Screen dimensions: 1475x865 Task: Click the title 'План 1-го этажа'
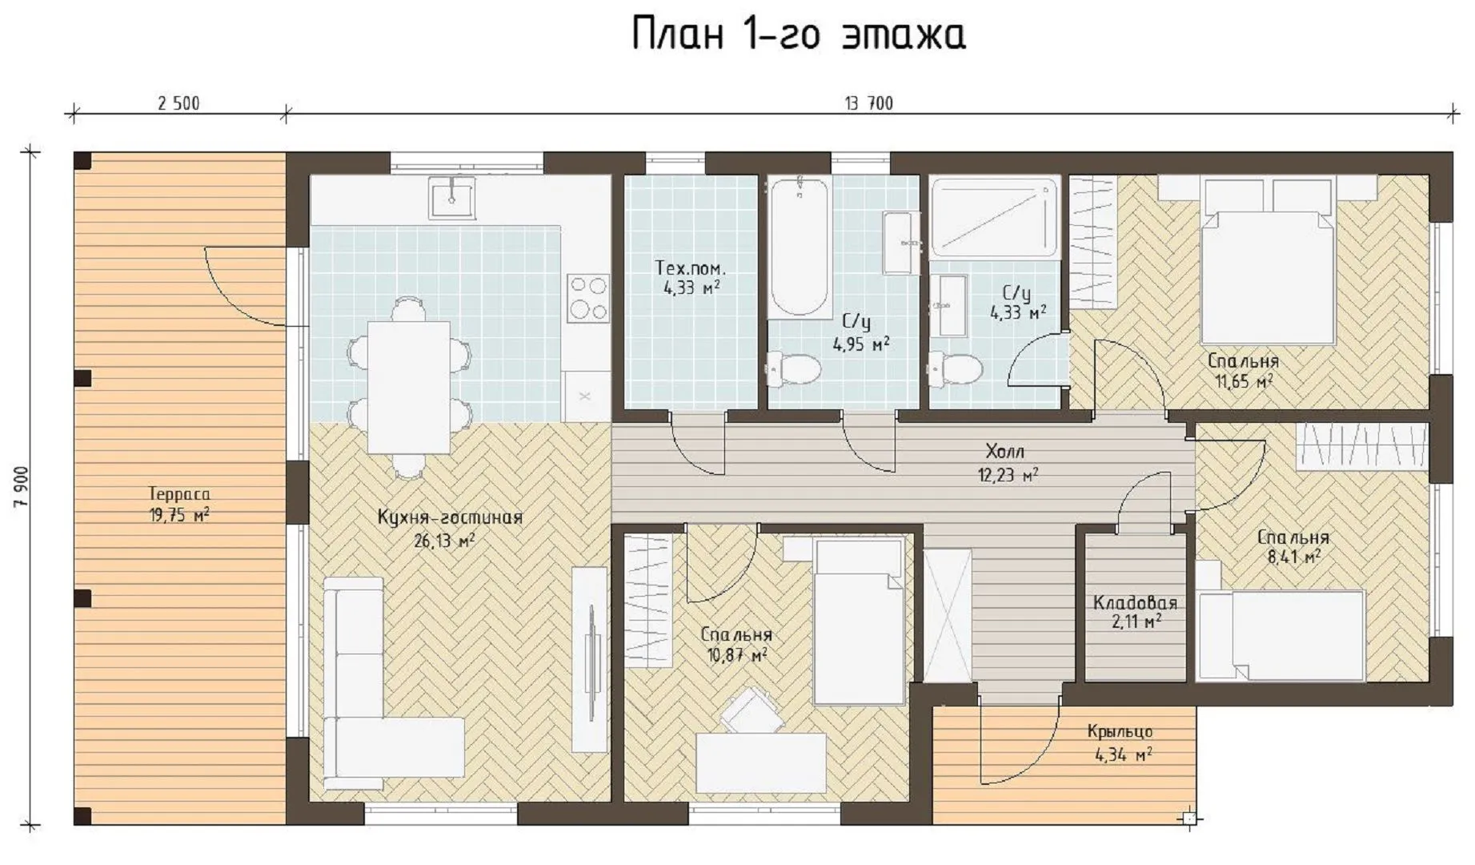pyautogui.click(x=798, y=34)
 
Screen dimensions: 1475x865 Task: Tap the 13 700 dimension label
pyautogui.click(x=868, y=103)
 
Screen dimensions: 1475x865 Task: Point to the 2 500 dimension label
pyautogui.click(x=178, y=103)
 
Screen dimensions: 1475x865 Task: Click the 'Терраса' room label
pyautogui.click(x=179, y=494)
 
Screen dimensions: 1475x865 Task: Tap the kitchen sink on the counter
pyautogui.click(x=452, y=197)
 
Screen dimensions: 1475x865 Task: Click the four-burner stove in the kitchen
pyautogui.click(x=588, y=298)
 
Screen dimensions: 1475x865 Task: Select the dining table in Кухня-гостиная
pyautogui.click(x=409, y=387)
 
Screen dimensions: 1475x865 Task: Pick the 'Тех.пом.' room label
pyautogui.click(x=691, y=268)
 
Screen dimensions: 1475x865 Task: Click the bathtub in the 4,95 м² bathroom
pyautogui.click(x=799, y=247)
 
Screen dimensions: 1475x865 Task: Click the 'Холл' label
pyautogui.click(x=1005, y=451)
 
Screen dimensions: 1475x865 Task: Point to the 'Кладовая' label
pyautogui.click(x=1135, y=602)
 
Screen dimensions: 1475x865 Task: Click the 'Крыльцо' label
pyautogui.click(x=1120, y=731)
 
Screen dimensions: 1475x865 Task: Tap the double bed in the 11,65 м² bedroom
pyautogui.click(x=1269, y=261)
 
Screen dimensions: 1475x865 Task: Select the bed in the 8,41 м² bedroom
pyautogui.click(x=1280, y=636)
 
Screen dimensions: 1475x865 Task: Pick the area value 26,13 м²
pyautogui.click(x=444, y=541)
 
